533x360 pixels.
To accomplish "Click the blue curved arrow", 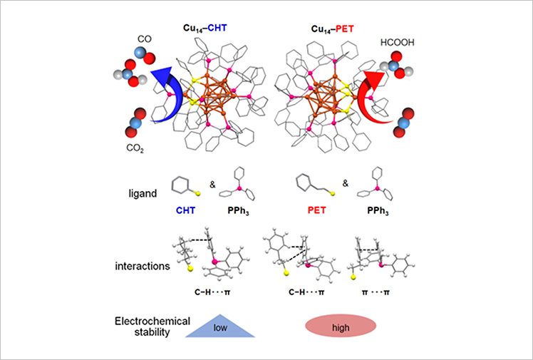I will click(x=161, y=93).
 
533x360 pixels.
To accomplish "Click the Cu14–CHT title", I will click(x=205, y=29).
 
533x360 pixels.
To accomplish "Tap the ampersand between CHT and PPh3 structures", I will click(x=212, y=184).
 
